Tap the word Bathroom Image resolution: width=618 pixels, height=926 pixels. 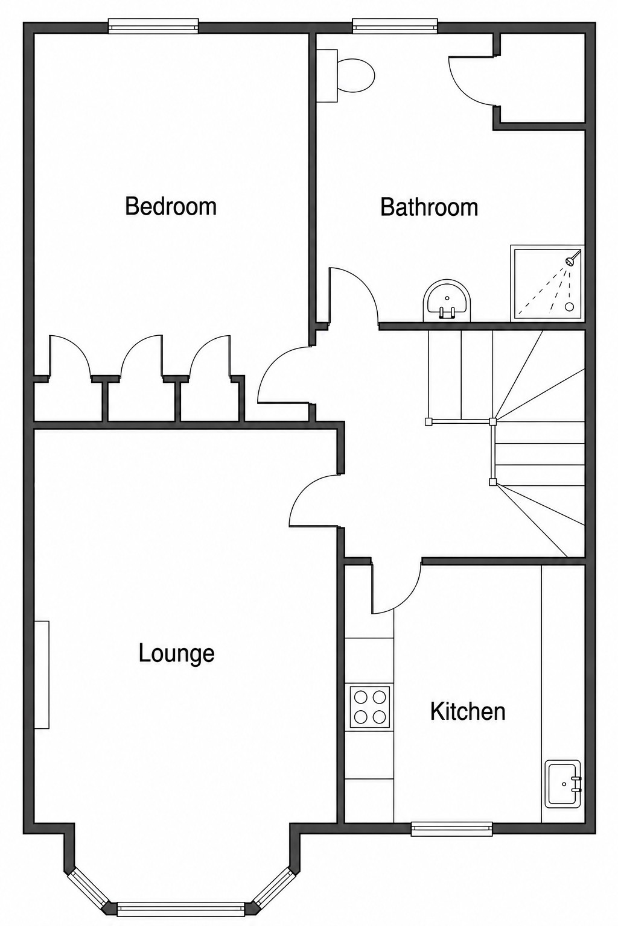[x=429, y=207]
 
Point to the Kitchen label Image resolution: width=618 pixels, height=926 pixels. [x=468, y=711]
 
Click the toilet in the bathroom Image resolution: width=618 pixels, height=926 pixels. [x=346, y=75]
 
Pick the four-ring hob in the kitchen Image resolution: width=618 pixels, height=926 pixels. [x=370, y=707]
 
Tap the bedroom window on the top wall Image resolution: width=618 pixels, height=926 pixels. [x=153, y=26]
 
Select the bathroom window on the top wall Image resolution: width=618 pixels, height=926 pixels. [x=395, y=26]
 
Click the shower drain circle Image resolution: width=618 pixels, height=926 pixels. [x=570, y=306]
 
